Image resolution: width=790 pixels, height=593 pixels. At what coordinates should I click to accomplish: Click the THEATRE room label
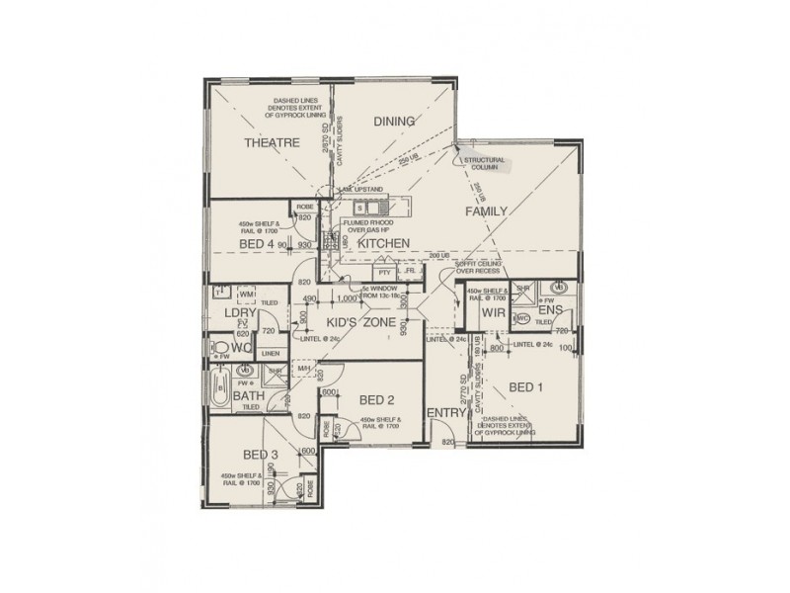pyautogui.click(x=272, y=143)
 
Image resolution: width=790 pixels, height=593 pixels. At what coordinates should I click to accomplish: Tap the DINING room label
pyautogui.click(x=393, y=122)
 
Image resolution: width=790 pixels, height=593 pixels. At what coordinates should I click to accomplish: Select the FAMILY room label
pyautogui.click(x=486, y=211)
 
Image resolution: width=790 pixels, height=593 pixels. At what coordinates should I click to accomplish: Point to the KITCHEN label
pyautogui.click(x=383, y=243)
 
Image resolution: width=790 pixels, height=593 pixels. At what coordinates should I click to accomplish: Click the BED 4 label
pyautogui.click(x=255, y=242)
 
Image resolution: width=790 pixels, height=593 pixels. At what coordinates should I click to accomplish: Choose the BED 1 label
pyautogui.click(x=527, y=385)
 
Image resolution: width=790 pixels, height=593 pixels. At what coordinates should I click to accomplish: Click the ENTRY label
pyautogui.click(x=445, y=412)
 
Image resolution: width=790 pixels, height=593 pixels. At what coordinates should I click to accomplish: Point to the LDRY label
pyautogui.click(x=240, y=313)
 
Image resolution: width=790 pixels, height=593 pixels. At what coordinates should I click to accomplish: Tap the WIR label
pyautogui.click(x=494, y=313)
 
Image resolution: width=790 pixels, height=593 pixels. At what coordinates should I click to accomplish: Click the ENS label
pyautogui.click(x=550, y=310)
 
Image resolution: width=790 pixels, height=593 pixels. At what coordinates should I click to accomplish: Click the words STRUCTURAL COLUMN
pyautogui.click(x=484, y=164)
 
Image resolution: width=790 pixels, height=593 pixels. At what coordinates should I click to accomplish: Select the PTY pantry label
pyautogui.click(x=383, y=272)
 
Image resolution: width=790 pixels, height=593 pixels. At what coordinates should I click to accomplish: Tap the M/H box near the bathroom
pyautogui.click(x=304, y=369)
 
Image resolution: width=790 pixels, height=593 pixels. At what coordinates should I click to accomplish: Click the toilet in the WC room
pyautogui.click(x=216, y=348)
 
